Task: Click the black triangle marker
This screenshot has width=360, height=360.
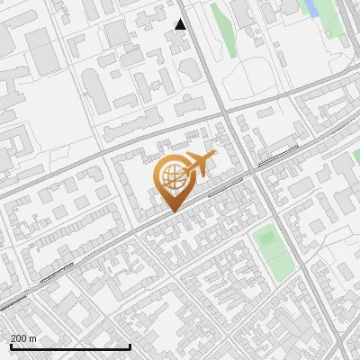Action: click(x=181, y=24)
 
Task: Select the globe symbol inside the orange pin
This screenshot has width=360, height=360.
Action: click(x=172, y=175)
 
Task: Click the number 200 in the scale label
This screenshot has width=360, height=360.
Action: click(x=18, y=337)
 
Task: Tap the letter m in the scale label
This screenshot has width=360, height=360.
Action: click(x=34, y=337)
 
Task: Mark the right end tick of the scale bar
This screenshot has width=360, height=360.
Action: click(x=130, y=346)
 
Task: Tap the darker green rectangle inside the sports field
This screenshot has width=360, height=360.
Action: click(x=265, y=239)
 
